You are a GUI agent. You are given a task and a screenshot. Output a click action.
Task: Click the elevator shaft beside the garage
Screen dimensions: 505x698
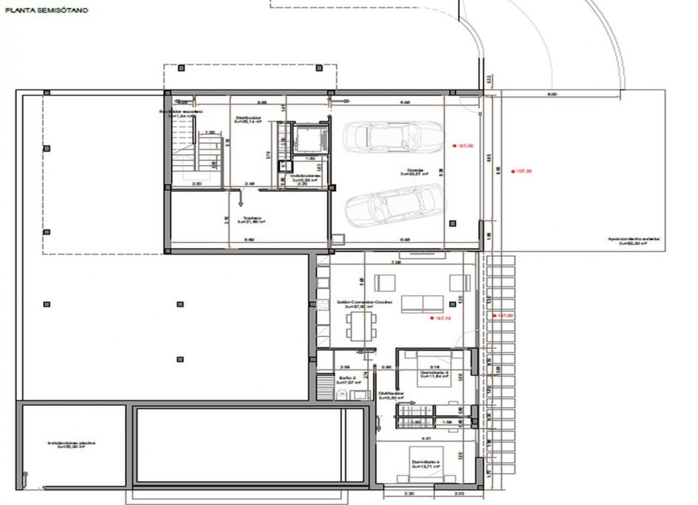coord(305,138)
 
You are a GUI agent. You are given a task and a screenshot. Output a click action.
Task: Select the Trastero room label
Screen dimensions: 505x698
coord(250,220)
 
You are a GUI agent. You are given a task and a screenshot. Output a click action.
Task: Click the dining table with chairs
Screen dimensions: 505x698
coord(360,324)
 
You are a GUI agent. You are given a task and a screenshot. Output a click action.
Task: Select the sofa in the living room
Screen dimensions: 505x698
coord(423,304)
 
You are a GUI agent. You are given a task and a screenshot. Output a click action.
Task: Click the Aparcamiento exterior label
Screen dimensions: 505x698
coord(633,241)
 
